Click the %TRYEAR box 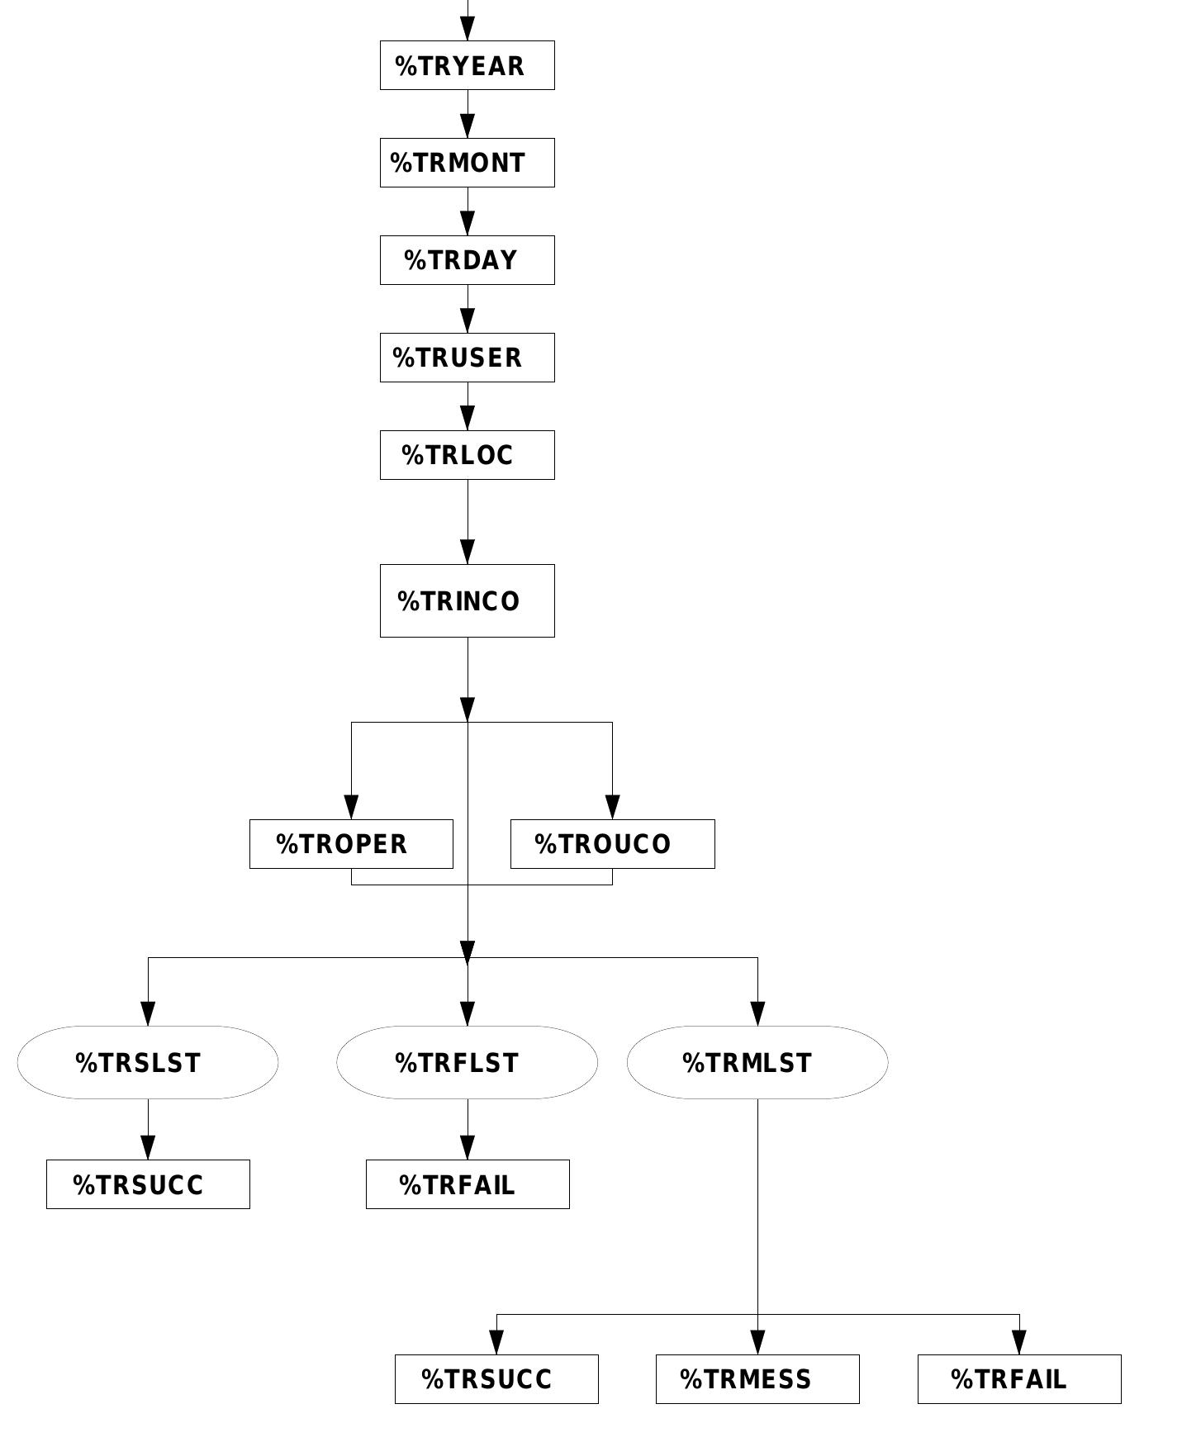(467, 65)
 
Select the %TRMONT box (467, 163)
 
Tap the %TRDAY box (467, 260)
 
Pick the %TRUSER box (467, 358)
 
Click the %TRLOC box (467, 455)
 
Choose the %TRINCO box (467, 600)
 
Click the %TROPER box (351, 844)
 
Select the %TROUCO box (612, 844)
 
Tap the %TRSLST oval (148, 1062)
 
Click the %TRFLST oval (467, 1062)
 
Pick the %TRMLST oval (757, 1062)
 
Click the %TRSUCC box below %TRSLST (148, 1184)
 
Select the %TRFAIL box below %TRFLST (468, 1184)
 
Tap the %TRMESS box (757, 1379)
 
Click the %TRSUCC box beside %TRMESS (496, 1379)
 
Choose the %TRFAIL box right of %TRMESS (1019, 1379)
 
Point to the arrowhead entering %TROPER (351, 808)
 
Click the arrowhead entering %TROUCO (612, 808)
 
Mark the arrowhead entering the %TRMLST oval (757, 1014)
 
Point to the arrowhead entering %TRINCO (468, 553)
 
